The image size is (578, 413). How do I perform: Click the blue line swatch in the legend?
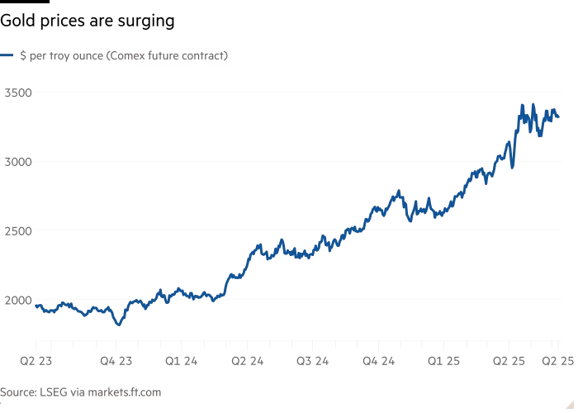click(7, 56)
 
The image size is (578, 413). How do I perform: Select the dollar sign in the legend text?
click(22, 56)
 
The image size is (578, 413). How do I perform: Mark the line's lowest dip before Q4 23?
click(119, 324)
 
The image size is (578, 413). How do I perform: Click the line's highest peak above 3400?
click(522, 105)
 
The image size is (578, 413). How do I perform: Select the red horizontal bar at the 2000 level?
click(92, 300)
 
